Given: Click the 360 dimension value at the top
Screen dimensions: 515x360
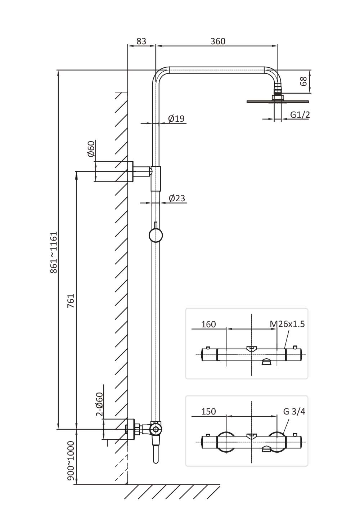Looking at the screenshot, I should [218, 41].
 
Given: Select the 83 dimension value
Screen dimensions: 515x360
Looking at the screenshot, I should [141, 41].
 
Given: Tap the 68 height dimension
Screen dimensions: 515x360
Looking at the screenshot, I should [304, 81].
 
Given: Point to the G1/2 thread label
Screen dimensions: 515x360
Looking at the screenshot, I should [300, 115].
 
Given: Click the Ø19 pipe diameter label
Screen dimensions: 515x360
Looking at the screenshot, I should [176, 118].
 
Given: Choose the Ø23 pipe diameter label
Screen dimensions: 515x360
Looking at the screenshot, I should [176, 198].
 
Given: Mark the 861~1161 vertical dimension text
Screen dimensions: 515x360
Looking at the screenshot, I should [54, 252].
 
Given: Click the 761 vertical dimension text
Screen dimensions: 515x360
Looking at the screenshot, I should [71, 301].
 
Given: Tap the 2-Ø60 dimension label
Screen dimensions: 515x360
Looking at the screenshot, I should [100, 404].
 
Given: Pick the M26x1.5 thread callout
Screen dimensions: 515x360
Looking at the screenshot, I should [287, 324].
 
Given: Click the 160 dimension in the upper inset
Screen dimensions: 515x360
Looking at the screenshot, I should [208, 324].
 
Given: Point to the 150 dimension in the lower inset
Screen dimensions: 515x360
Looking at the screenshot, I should [208, 411].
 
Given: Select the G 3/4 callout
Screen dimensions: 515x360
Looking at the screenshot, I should [294, 411].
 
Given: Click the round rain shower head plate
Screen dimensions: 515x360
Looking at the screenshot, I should [278, 101].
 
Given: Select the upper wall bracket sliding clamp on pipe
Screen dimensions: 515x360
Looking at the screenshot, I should [156, 178].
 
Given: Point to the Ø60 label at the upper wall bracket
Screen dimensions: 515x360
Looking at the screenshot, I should [91, 148].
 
